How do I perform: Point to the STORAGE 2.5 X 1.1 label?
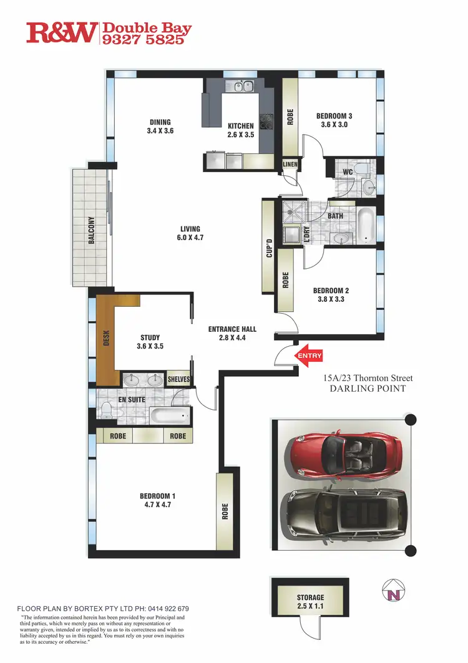[310, 601]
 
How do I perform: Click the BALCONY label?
[91, 230]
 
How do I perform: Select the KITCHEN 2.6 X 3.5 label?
[240, 130]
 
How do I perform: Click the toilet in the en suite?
[106, 409]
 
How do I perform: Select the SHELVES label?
[179, 379]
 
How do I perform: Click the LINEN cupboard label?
[290, 164]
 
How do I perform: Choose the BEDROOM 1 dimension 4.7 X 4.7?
[157, 505]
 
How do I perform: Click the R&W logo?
[62, 32]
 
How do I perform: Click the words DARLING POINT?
[368, 389]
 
